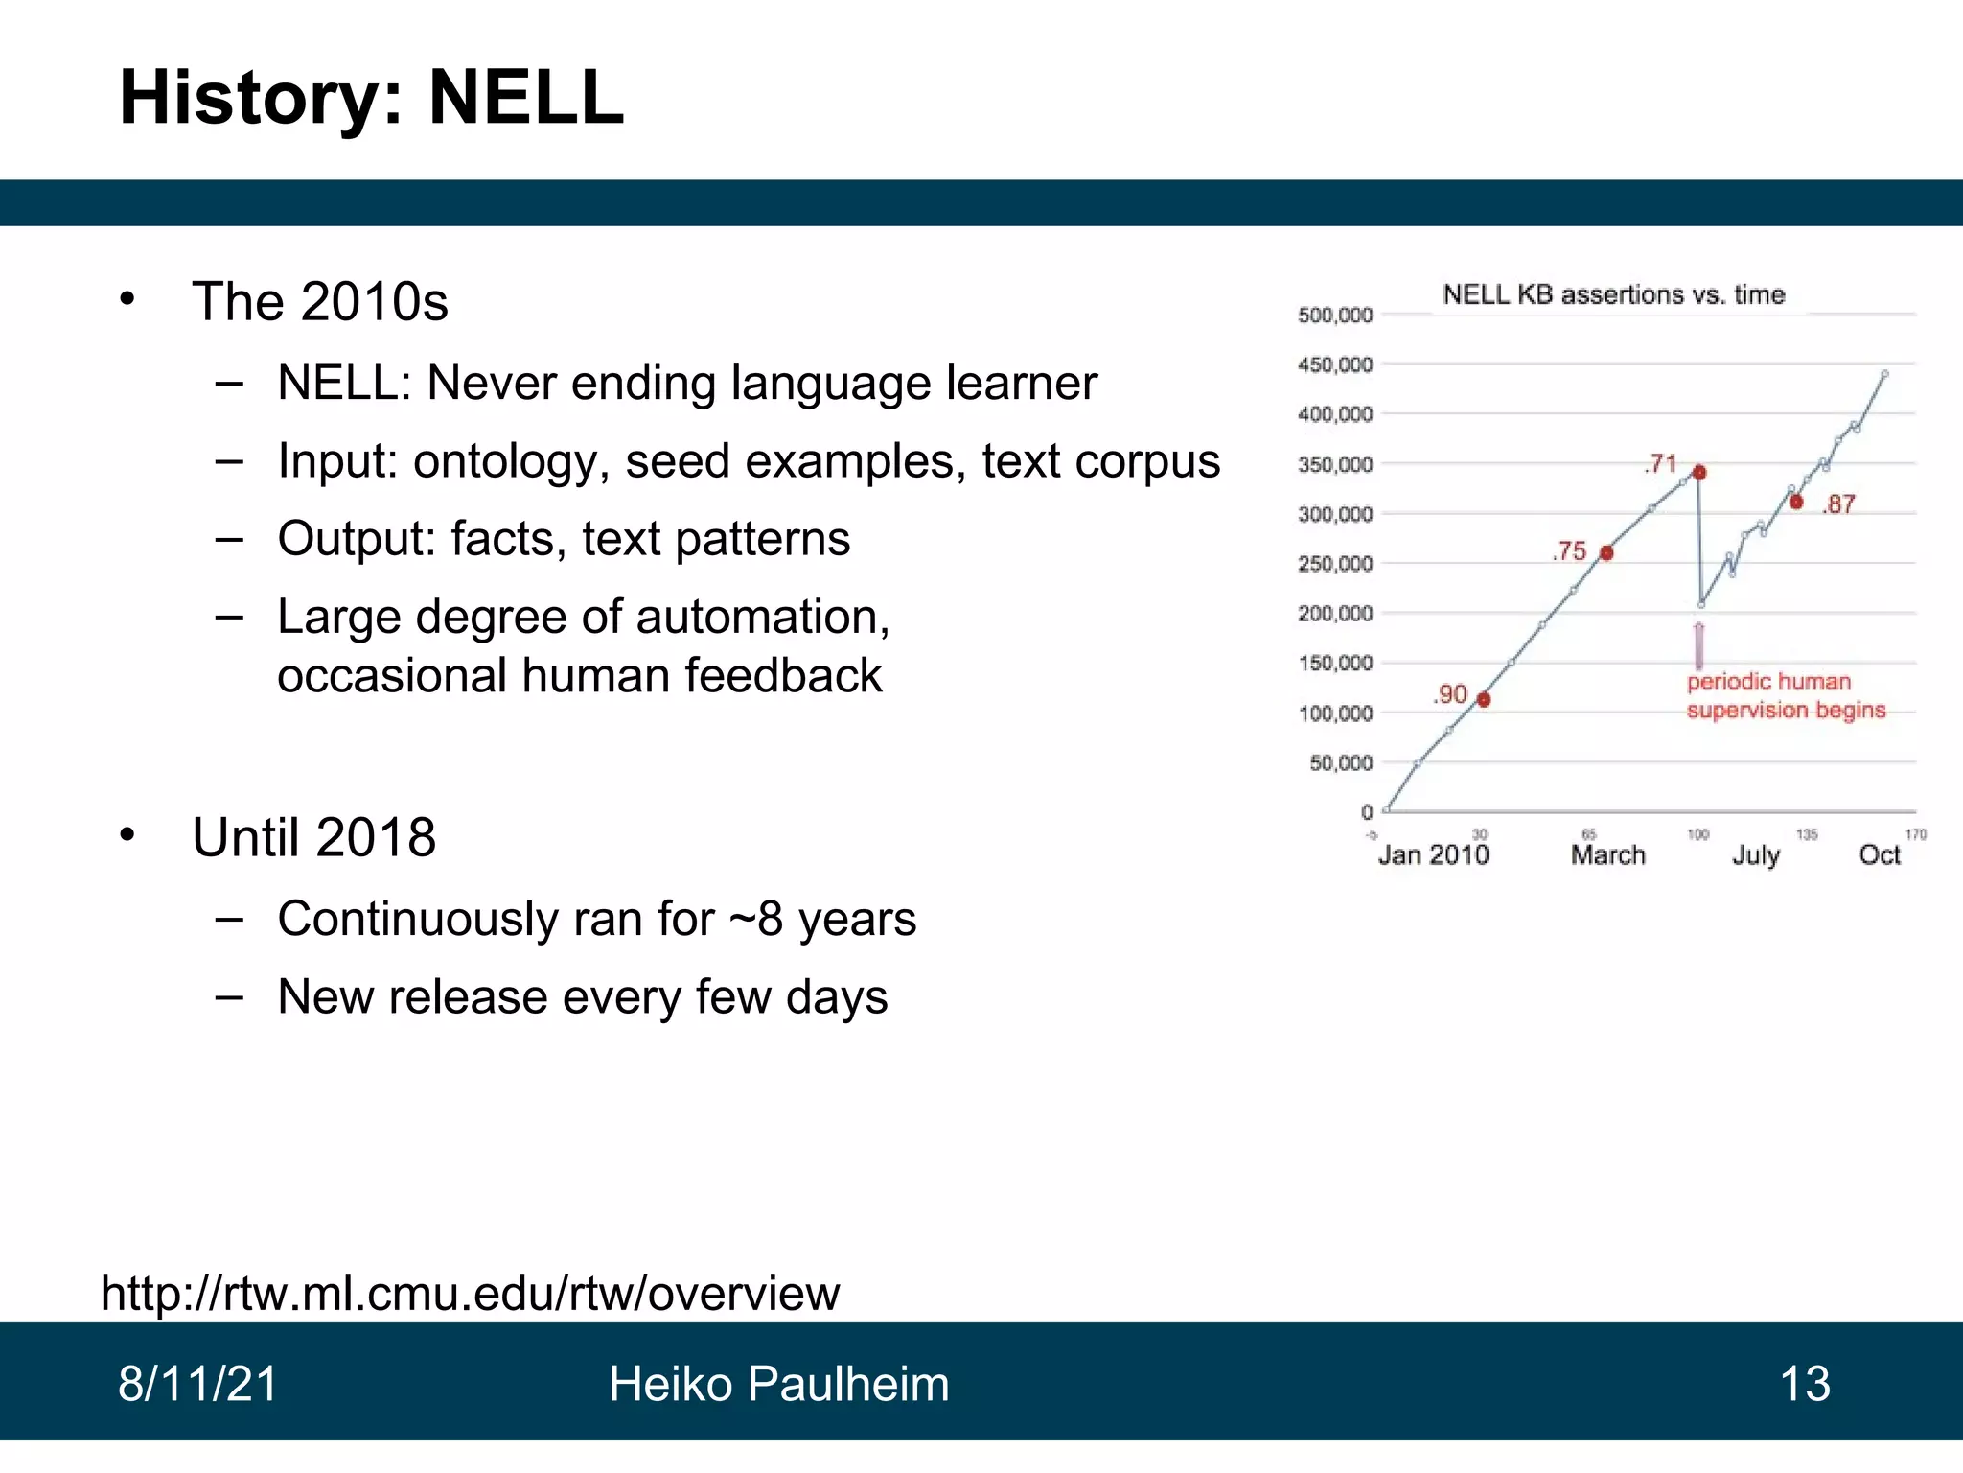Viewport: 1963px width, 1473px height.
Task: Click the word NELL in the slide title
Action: pos(525,98)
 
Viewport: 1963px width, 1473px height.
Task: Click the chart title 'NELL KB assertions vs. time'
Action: pos(1613,294)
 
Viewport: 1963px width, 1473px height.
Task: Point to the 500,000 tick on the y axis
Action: pos(1335,316)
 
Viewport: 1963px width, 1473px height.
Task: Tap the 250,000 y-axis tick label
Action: pos(1335,564)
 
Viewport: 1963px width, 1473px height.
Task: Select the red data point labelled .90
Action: pos(1484,699)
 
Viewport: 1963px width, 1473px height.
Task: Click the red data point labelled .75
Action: pos(1606,552)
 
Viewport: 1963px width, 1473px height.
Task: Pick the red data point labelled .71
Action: pos(1699,472)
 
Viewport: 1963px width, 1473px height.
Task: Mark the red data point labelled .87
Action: pos(1796,502)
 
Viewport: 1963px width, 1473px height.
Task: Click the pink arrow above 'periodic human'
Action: pos(1699,645)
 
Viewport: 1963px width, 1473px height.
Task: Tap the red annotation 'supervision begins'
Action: pos(1786,711)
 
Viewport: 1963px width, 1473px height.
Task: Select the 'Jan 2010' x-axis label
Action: pos(1433,854)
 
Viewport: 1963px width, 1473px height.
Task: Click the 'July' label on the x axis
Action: pos(1755,854)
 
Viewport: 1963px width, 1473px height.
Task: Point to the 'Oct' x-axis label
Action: pos(1879,854)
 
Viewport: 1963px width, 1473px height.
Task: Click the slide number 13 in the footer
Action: pos(1804,1384)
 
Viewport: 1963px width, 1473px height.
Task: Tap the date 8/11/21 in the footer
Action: pos(197,1384)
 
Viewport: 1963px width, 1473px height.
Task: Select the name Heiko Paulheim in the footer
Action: pos(778,1384)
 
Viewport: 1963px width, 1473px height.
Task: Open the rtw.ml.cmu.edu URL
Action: pos(470,1293)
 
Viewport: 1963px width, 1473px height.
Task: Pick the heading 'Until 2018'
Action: pos(313,837)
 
